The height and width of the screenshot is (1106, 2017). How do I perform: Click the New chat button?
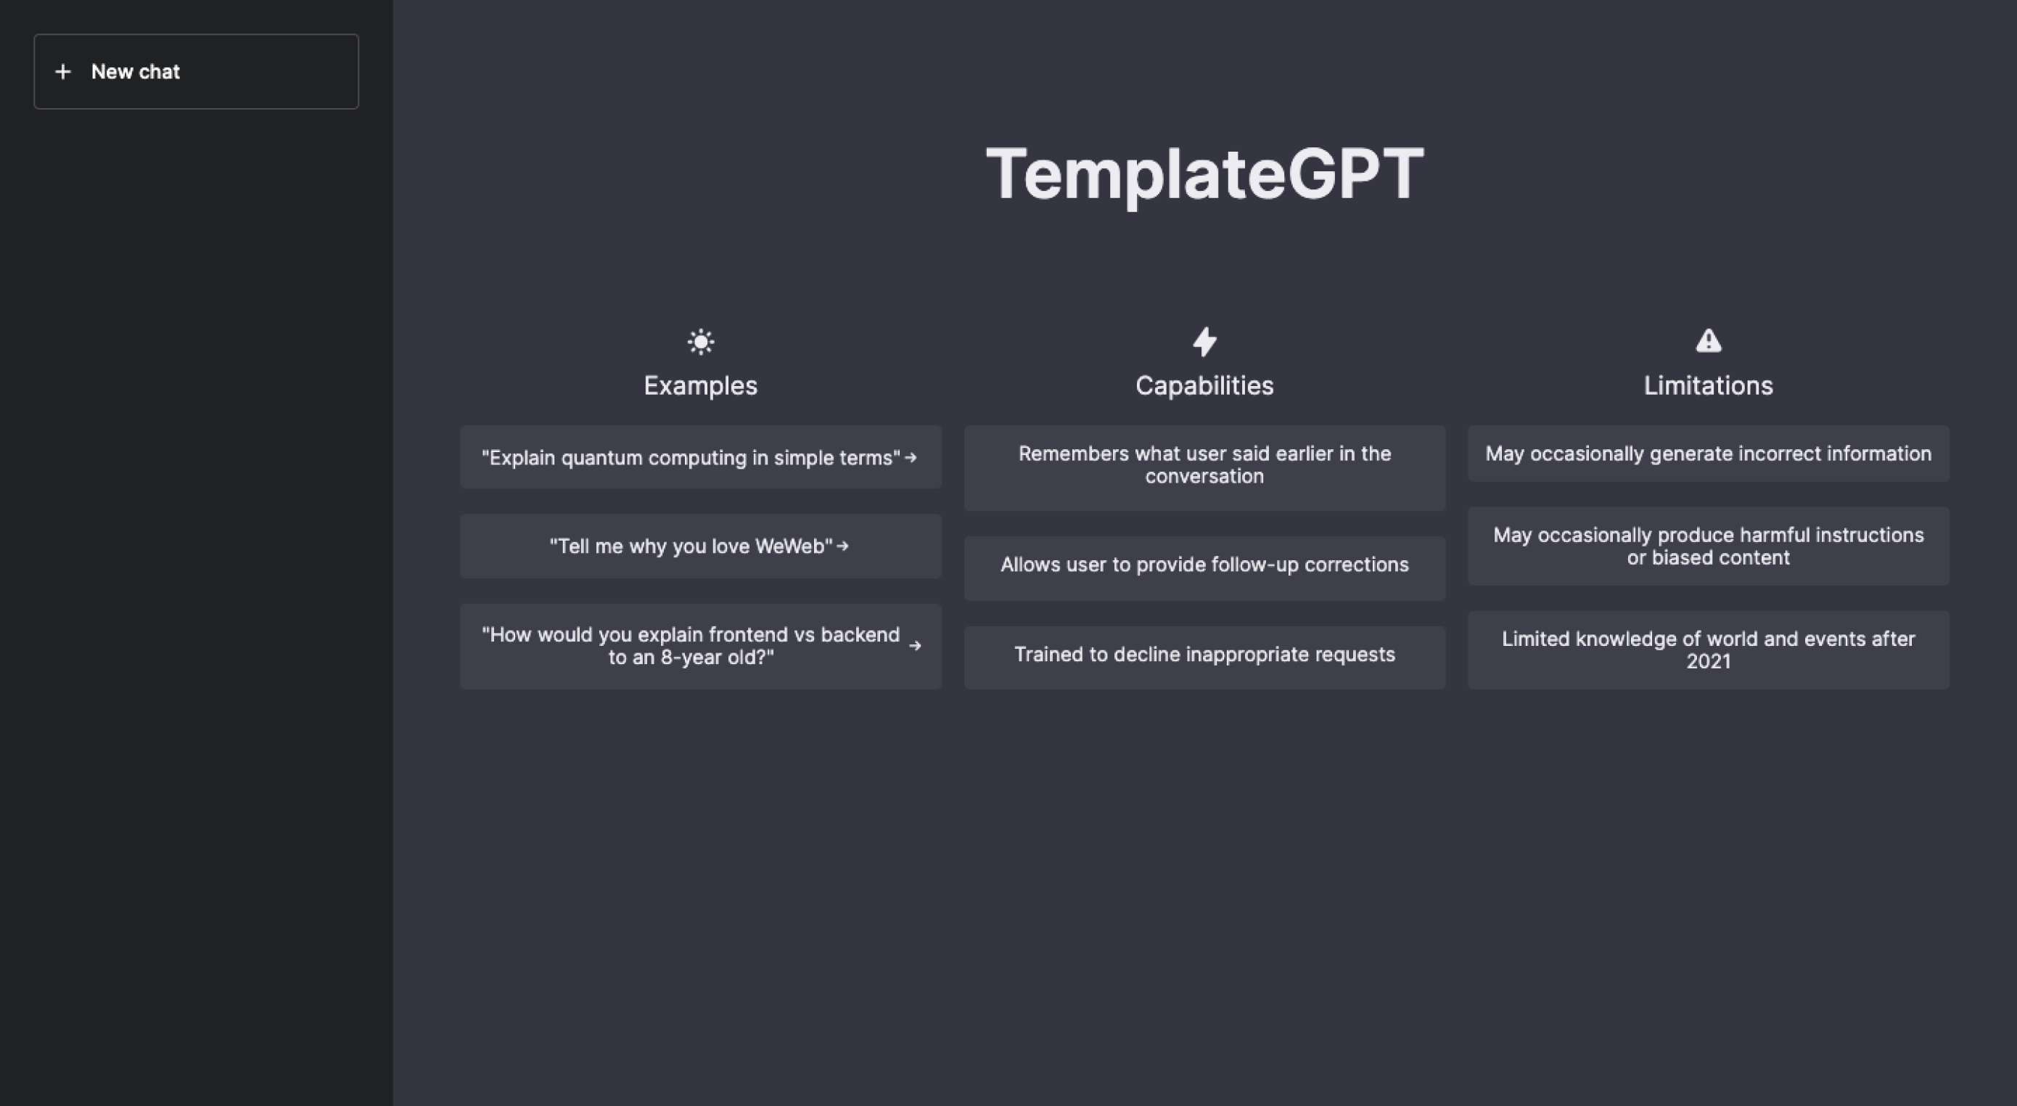click(x=196, y=71)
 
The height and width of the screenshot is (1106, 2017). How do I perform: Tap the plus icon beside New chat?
click(x=63, y=72)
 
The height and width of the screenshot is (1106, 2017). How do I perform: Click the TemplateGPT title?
click(x=1204, y=174)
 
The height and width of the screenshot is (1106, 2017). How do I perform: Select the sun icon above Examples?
click(x=701, y=342)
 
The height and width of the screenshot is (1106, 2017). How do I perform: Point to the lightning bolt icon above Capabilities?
click(x=1204, y=342)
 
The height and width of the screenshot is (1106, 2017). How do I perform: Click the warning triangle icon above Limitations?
click(x=1709, y=341)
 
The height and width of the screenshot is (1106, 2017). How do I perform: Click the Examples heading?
click(x=701, y=385)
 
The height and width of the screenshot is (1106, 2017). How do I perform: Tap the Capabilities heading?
click(x=1204, y=385)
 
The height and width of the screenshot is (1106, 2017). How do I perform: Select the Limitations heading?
click(x=1709, y=385)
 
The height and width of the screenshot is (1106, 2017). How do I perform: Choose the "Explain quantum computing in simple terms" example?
click(x=701, y=457)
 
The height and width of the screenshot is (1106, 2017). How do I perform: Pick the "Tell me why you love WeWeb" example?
click(x=701, y=546)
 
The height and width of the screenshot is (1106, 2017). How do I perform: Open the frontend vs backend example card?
click(x=701, y=646)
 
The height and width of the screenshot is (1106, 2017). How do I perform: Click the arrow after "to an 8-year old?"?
click(x=914, y=646)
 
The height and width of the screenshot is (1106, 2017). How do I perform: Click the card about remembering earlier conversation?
click(x=1204, y=468)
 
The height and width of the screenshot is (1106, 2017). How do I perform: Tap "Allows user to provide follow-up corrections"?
click(x=1204, y=565)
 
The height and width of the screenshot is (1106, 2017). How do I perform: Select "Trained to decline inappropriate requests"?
click(x=1204, y=655)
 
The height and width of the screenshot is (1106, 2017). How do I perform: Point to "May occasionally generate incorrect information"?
click(x=1709, y=454)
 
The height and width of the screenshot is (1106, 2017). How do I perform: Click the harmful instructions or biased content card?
click(x=1709, y=546)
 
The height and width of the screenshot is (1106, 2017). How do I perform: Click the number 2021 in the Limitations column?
click(x=1709, y=662)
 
